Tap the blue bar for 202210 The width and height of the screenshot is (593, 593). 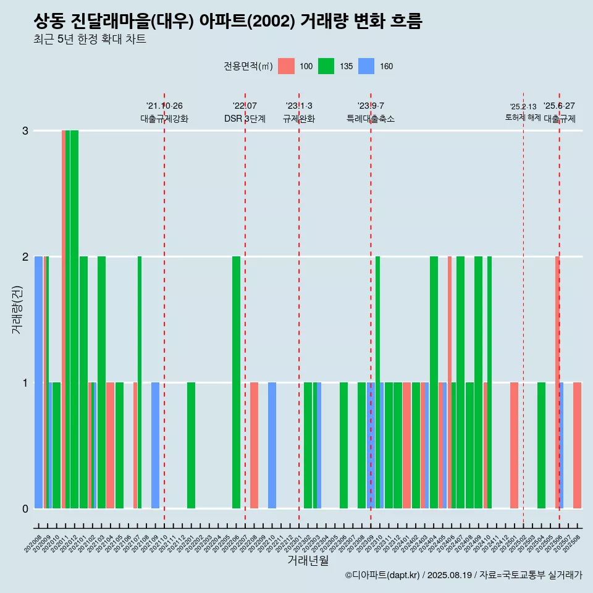(272, 445)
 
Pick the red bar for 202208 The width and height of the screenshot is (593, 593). (254, 445)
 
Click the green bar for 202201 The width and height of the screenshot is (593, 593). (191, 445)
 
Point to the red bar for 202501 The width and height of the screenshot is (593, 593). (514, 445)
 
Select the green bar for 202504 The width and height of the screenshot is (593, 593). (541, 445)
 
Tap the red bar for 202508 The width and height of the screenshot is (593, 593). (577, 445)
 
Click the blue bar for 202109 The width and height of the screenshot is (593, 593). (155, 445)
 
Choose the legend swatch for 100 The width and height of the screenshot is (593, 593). (286, 66)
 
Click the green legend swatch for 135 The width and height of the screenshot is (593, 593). (326, 66)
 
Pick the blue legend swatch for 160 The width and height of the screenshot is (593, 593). (366, 66)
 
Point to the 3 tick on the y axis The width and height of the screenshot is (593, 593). (25, 130)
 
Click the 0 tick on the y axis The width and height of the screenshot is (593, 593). (25, 508)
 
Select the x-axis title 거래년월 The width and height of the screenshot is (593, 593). (308, 560)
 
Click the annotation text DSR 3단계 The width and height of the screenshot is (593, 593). (245, 119)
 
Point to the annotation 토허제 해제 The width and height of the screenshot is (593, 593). (523, 117)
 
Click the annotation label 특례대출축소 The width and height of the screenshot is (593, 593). (371, 119)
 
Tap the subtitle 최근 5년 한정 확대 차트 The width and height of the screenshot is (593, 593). (90, 40)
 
